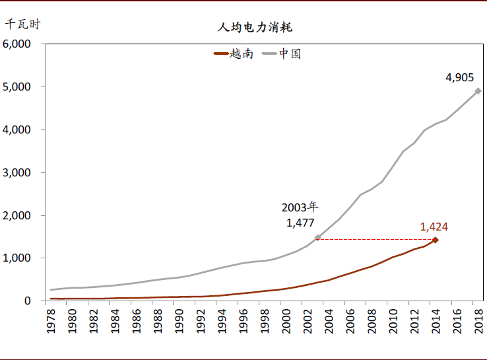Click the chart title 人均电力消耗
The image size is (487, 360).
pyautogui.click(x=255, y=28)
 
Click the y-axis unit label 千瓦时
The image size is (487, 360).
pyautogui.click(x=22, y=24)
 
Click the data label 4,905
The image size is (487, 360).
pyautogui.click(x=459, y=77)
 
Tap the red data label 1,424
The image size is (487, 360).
pyautogui.click(x=434, y=227)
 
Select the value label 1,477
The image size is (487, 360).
pyautogui.click(x=300, y=223)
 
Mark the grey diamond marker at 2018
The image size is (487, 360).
pyautogui.click(x=478, y=91)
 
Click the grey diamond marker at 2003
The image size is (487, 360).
pyautogui.click(x=317, y=238)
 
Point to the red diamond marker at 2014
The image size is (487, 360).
pyautogui.click(x=435, y=240)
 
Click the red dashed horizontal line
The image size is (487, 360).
pyautogui.click(x=376, y=238)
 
